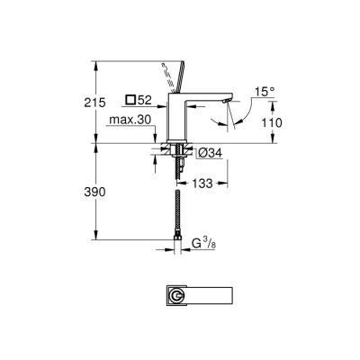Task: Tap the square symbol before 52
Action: click(x=131, y=99)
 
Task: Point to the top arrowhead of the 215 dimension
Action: click(x=94, y=63)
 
